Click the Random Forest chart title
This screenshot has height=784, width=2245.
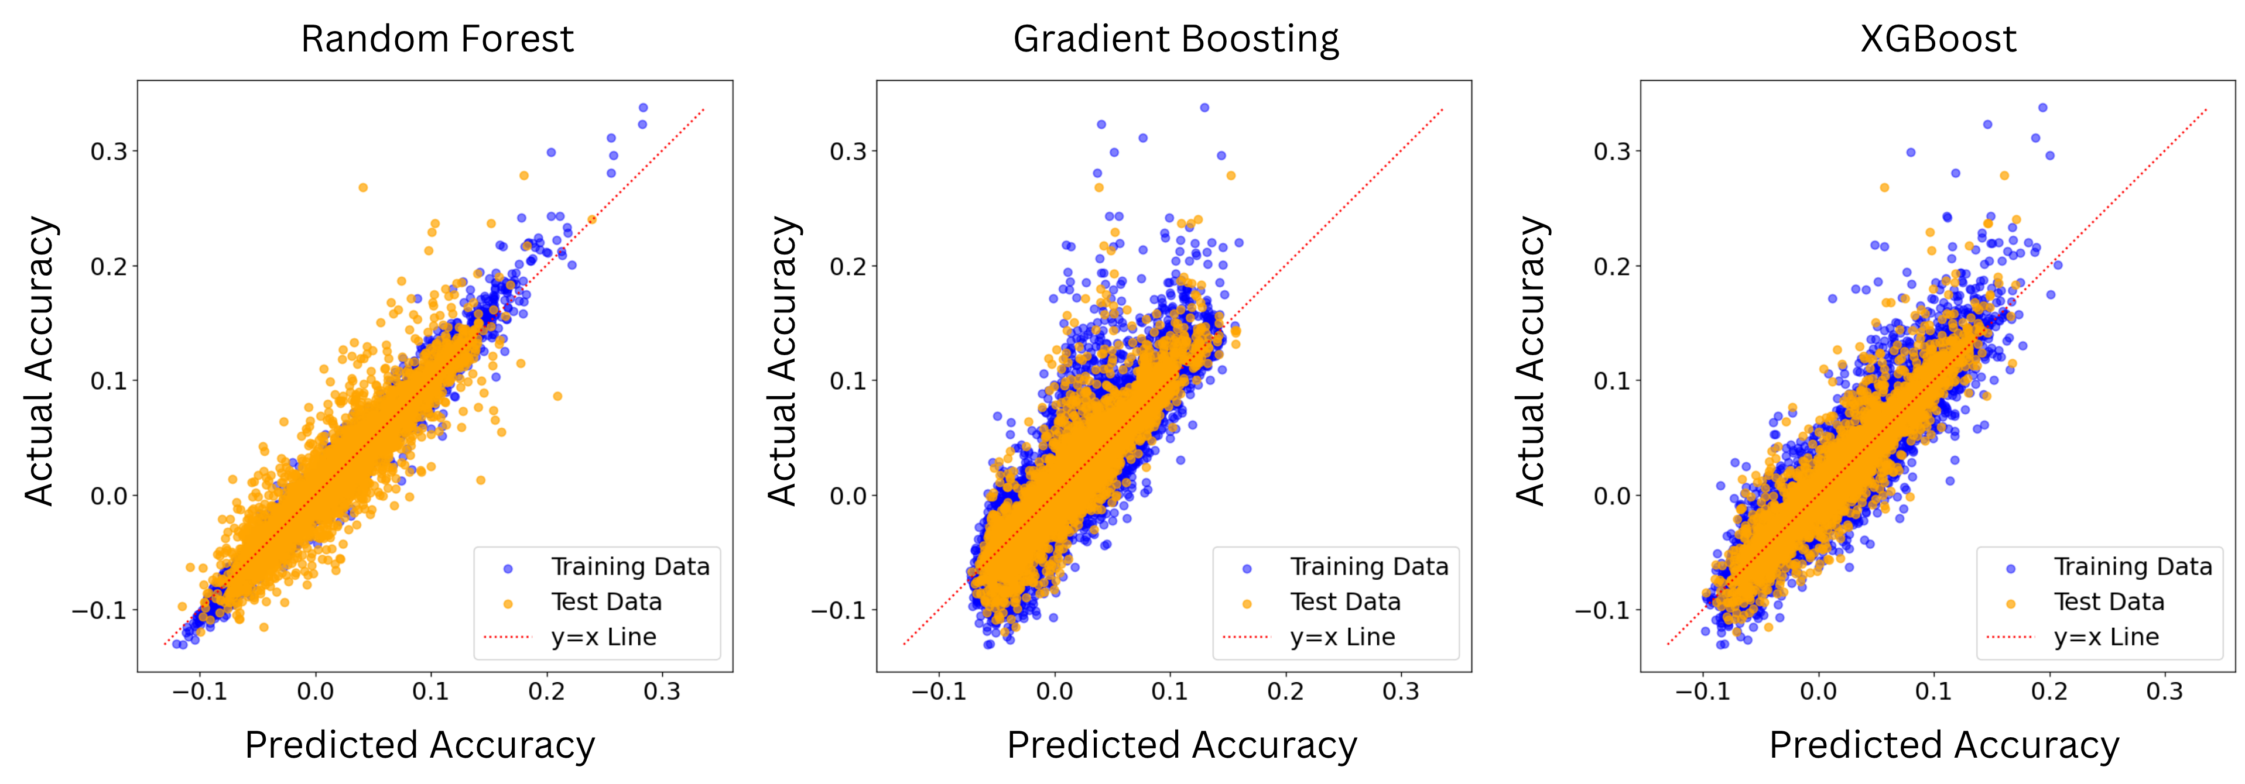[x=437, y=39]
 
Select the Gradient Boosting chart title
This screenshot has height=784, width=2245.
[x=1176, y=39]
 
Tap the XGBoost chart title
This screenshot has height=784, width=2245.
[x=1938, y=39]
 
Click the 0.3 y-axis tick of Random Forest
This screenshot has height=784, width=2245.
[x=109, y=152]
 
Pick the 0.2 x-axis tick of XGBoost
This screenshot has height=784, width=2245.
[x=2049, y=692]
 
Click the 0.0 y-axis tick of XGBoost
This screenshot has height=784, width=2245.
[x=1611, y=496]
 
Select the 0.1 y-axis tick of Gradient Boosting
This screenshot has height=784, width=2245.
[x=848, y=381]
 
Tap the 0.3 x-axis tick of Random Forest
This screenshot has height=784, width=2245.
[x=662, y=692]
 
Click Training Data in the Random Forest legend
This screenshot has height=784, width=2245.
[x=630, y=567]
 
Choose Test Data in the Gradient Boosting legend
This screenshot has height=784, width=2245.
[x=1345, y=602]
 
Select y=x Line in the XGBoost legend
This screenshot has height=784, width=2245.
[x=2106, y=637]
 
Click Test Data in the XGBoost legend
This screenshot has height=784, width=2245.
[x=2108, y=602]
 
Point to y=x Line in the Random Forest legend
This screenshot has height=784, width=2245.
[x=604, y=637]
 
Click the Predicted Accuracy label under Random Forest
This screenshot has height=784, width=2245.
[x=419, y=745]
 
